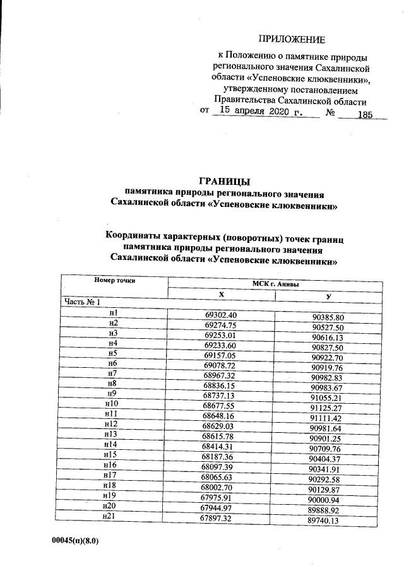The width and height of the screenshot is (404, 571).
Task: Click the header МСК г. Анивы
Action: pos(275,285)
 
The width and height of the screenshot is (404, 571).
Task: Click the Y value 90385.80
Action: pos(328,317)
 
